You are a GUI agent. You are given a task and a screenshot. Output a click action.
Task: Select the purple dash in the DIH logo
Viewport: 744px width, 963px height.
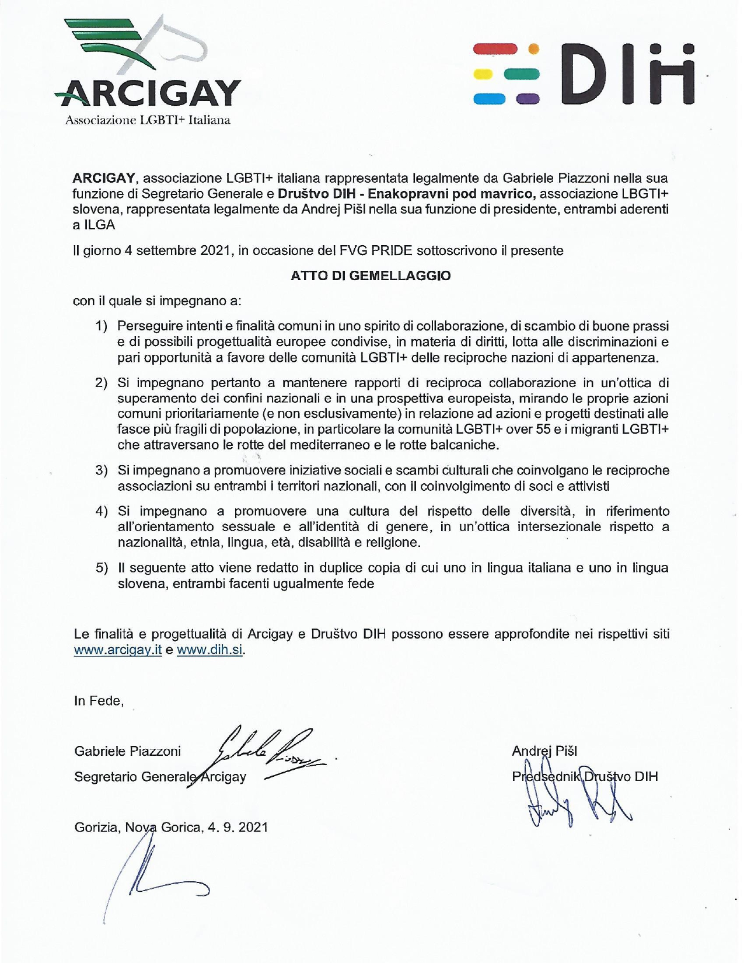tap(528, 99)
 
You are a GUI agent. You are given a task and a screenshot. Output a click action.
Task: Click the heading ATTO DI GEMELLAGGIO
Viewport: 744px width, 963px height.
tap(371, 276)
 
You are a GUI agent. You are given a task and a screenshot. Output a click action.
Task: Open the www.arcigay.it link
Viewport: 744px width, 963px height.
tap(117, 650)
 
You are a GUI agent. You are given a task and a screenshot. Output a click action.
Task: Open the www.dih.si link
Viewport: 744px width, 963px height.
tap(209, 650)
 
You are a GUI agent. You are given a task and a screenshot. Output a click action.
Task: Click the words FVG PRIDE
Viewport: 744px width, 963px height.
tap(375, 251)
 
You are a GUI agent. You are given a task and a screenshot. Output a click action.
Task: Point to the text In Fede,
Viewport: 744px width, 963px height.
tap(99, 701)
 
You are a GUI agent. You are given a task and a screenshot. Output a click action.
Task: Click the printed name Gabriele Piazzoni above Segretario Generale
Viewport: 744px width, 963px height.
tap(127, 751)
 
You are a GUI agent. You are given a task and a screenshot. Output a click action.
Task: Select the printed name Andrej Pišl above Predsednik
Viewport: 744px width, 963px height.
tap(544, 751)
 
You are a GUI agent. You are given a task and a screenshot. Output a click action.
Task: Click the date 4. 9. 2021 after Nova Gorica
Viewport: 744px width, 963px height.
tap(237, 827)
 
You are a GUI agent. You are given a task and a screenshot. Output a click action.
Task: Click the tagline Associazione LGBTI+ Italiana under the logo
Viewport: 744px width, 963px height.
tap(148, 120)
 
